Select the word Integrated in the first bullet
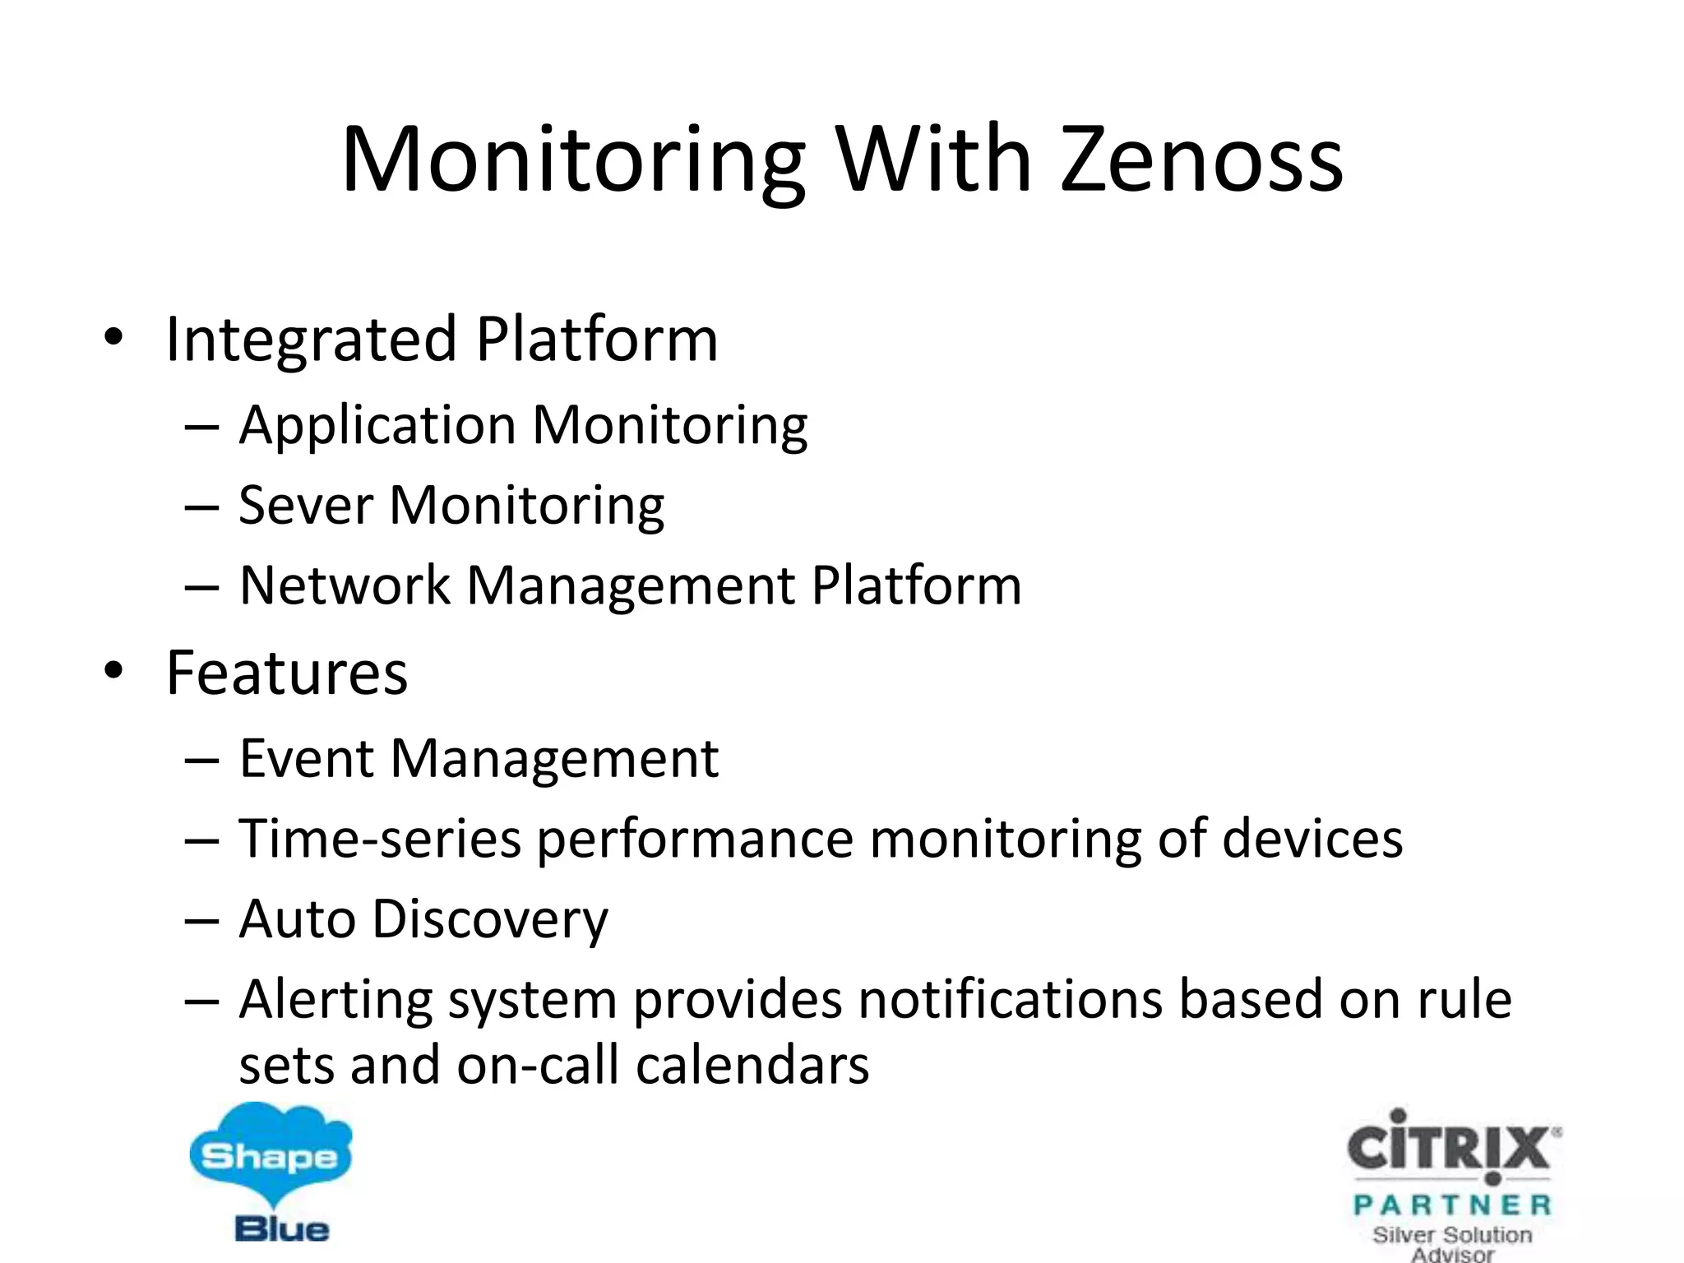pos(311,340)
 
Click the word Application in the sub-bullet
pos(377,425)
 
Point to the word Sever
pos(306,505)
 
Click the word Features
pos(287,673)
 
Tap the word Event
pos(306,757)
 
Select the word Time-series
pos(380,839)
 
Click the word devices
pos(1312,839)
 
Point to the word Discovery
pos(490,918)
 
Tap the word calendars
pos(752,1065)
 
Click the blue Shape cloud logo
pos(270,1156)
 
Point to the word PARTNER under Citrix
pos(1452,1205)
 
